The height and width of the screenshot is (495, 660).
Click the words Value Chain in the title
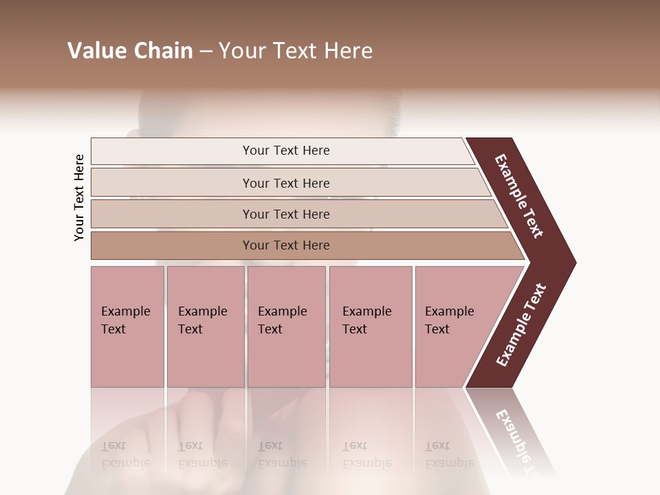(x=130, y=51)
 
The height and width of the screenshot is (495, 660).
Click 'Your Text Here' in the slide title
(x=296, y=51)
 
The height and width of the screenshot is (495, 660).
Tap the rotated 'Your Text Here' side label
(x=79, y=197)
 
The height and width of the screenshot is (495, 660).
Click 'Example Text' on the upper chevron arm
(x=519, y=197)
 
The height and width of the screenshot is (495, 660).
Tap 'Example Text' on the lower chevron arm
(x=520, y=325)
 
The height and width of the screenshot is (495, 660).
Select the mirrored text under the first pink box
(x=125, y=454)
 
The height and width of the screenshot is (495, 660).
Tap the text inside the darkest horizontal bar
(x=286, y=245)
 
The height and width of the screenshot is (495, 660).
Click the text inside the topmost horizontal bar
(x=286, y=151)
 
